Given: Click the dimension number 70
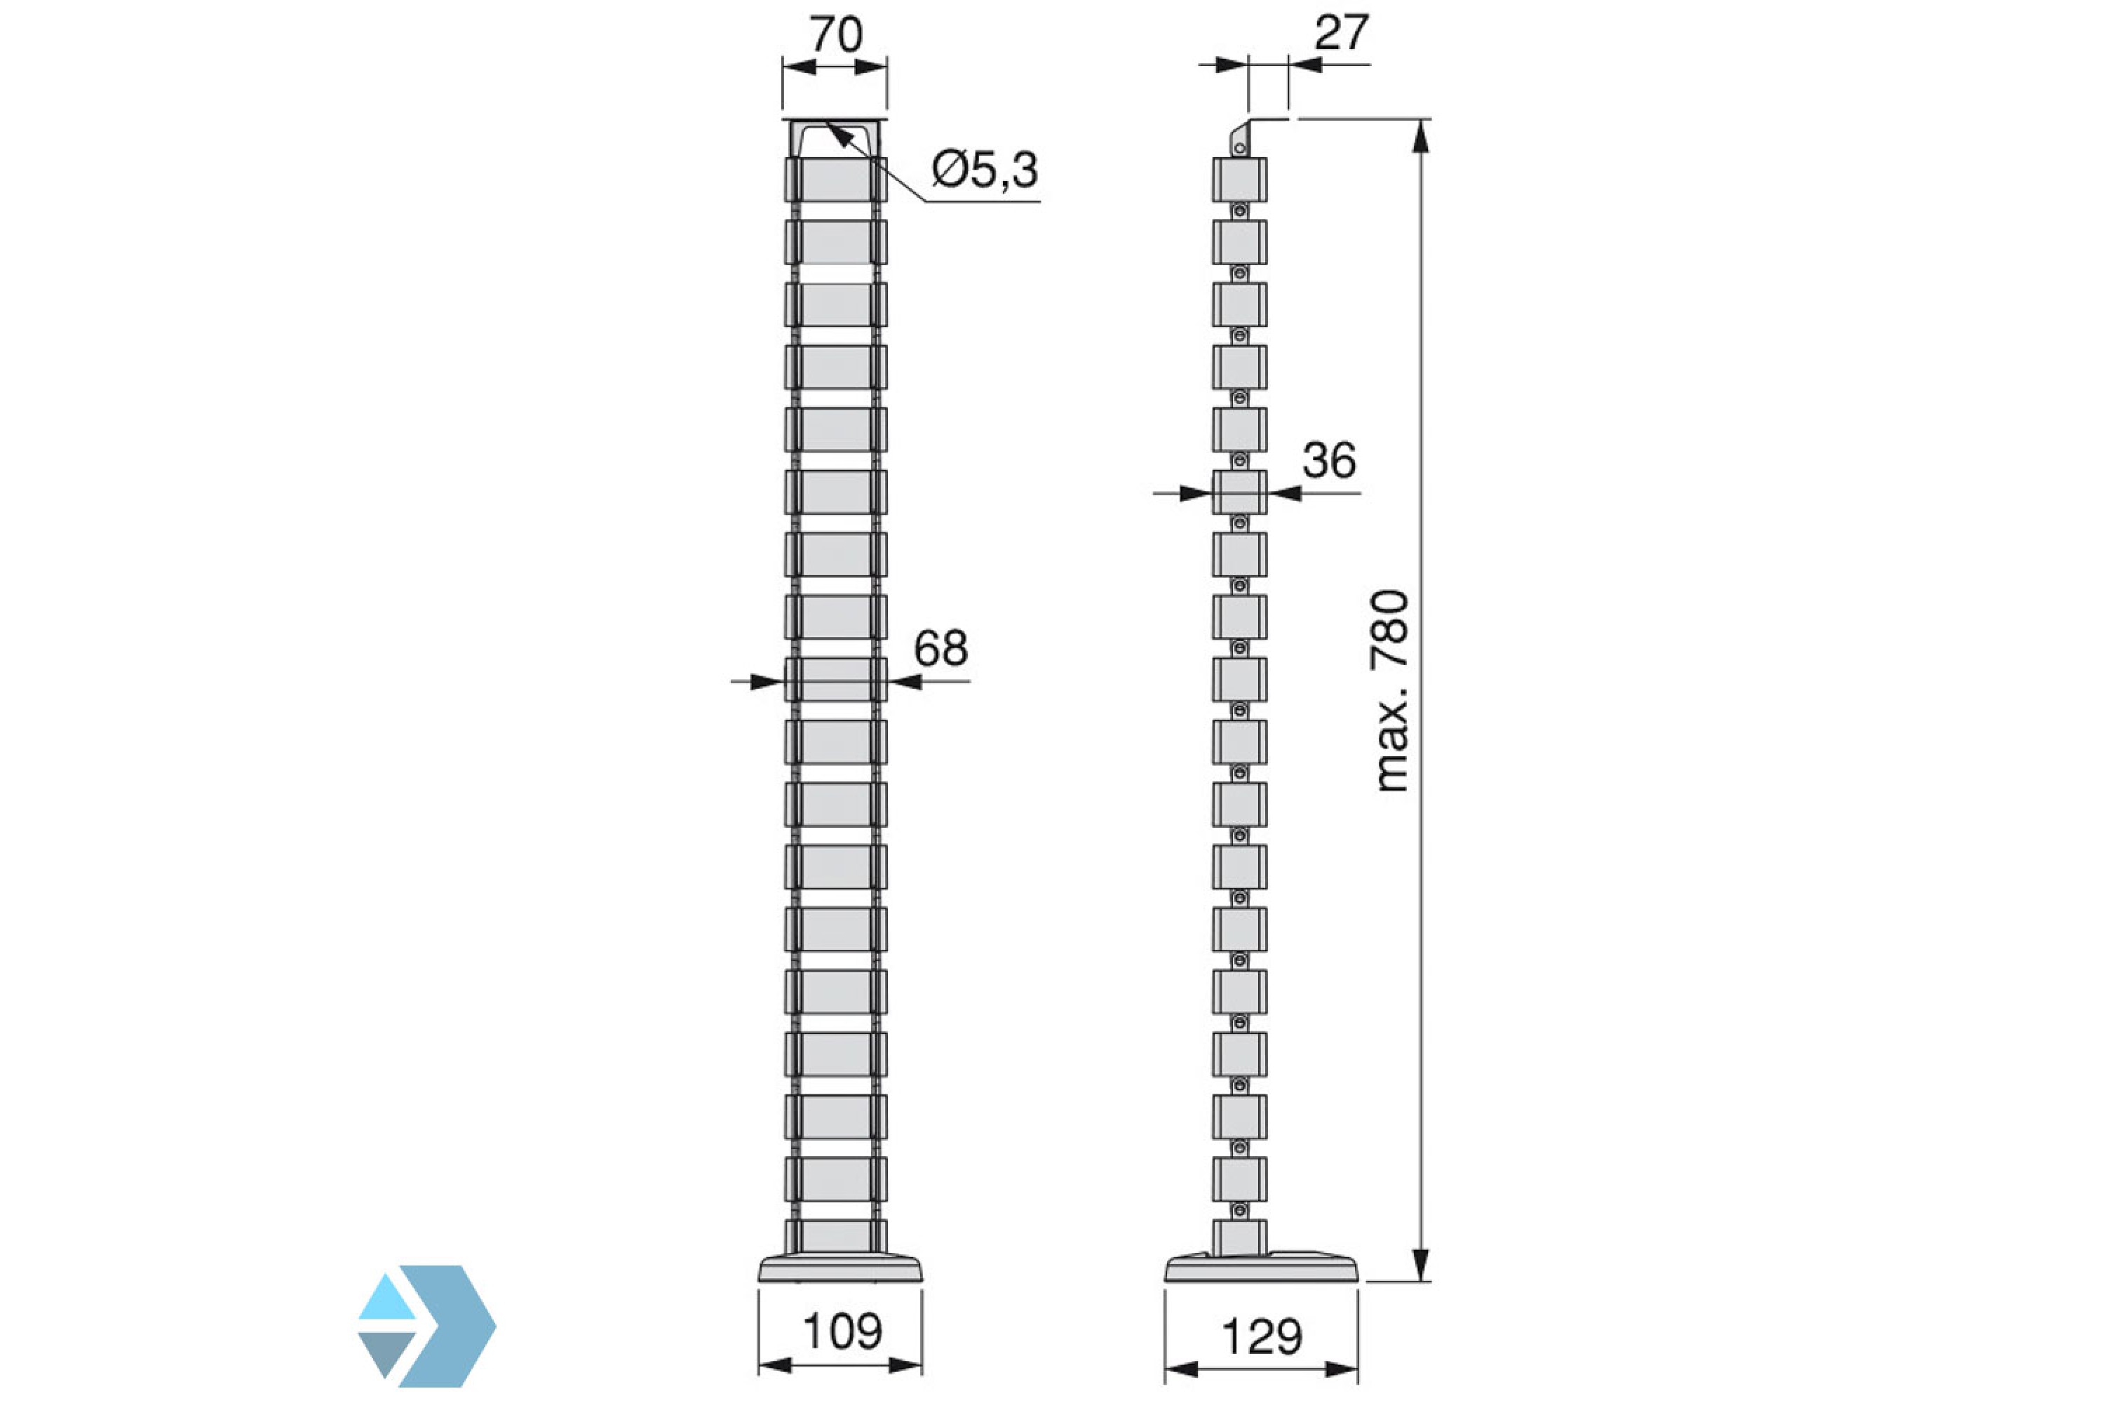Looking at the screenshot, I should pyautogui.click(x=835, y=36).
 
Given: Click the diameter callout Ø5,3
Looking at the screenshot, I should pyautogui.click(x=984, y=170).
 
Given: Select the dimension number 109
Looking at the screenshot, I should pyautogui.click(x=842, y=1331).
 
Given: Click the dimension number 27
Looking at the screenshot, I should pyautogui.click(x=1341, y=34).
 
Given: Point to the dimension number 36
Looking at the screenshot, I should pyautogui.click(x=1328, y=461).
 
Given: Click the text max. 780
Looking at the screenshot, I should pyautogui.click(x=1392, y=691).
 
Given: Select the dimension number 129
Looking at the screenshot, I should pyautogui.click(x=1261, y=1338).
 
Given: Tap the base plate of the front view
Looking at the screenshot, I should pyautogui.click(x=840, y=1269).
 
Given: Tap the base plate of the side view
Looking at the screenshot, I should pyautogui.click(x=1260, y=1269).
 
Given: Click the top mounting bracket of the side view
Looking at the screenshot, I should pyautogui.click(x=1240, y=139).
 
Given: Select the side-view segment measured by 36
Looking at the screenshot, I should pyautogui.click(x=1240, y=492).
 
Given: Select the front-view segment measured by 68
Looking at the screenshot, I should pyautogui.click(x=835, y=679).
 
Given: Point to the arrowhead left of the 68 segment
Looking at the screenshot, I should pyautogui.click(x=766, y=682).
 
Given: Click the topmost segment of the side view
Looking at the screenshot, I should pyautogui.click(x=1240, y=180).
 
